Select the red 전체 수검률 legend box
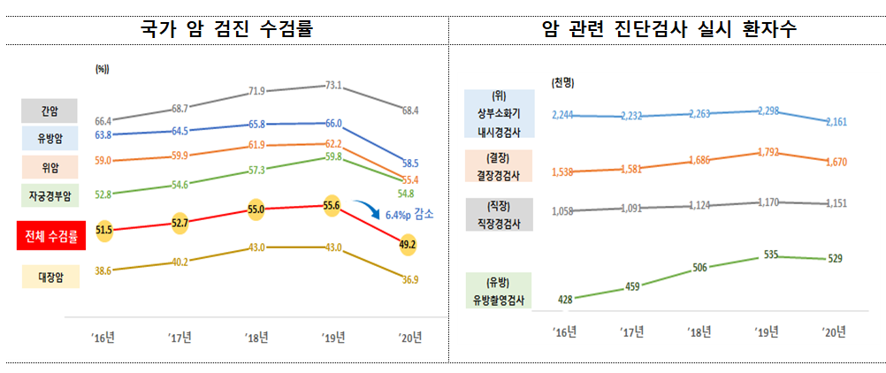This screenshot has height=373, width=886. (x=50, y=236)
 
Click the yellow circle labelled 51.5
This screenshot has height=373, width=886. (x=104, y=231)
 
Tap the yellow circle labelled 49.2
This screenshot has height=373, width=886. (x=409, y=245)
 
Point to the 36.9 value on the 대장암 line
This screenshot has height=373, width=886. (x=409, y=279)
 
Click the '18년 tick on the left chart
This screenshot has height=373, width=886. (x=257, y=337)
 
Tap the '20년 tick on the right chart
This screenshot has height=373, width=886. (x=834, y=331)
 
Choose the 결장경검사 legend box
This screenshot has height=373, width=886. (x=499, y=165)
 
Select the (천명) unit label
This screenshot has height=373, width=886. (x=563, y=82)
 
